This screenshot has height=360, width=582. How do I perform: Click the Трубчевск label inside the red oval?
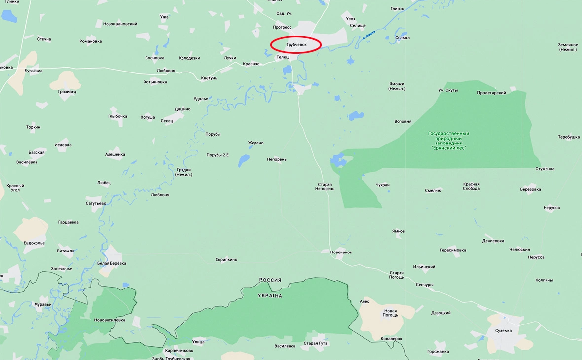[296, 45]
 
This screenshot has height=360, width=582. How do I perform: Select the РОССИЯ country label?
[270, 280]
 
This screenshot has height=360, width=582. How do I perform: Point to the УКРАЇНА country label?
[270, 296]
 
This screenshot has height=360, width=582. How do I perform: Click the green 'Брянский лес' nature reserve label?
[448, 141]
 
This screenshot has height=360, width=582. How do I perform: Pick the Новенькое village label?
[341, 252]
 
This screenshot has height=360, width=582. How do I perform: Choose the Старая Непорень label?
[325, 187]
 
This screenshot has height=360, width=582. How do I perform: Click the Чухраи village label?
[382, 185]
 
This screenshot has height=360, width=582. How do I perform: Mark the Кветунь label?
[209, 78]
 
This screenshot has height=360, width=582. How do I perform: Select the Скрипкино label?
[226, 259]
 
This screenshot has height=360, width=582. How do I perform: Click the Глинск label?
[397, 8]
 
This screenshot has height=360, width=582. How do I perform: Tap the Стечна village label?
[44, 39]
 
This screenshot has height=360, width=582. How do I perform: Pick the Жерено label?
[255, 143]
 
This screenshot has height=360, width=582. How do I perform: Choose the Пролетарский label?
[491, 93]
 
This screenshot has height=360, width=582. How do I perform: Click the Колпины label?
[544, 280]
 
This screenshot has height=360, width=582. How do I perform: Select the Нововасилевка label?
[109, 320]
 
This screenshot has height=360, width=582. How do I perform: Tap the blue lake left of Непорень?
[244, 161]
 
